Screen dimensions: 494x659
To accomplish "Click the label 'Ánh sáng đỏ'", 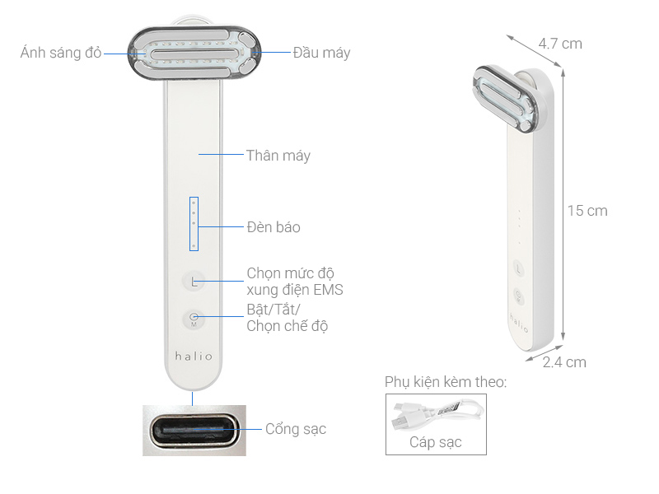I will click(61, 53).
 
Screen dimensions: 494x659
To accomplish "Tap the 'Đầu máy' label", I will click(321, 53).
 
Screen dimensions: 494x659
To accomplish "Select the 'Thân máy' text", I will click(278, 155).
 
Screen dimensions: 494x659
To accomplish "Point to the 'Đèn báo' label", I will click(273, 226).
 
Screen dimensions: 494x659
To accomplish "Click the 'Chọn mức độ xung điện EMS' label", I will click(295, 281).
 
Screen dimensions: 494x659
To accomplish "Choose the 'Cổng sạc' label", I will click(296, 429).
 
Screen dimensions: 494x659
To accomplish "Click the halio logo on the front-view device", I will click(194, 357).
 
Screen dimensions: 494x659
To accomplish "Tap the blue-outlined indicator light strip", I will click(194, 223).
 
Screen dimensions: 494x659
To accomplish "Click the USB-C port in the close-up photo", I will click(194, 430).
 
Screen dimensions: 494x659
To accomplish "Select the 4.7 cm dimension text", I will click(560, 43).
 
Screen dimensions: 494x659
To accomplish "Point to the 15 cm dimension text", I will click(587, 211).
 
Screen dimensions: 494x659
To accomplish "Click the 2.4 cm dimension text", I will click(564, 361).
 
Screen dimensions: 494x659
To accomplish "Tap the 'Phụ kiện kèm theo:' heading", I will click(445, 382).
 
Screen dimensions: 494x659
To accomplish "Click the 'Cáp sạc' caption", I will click(436, 442).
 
